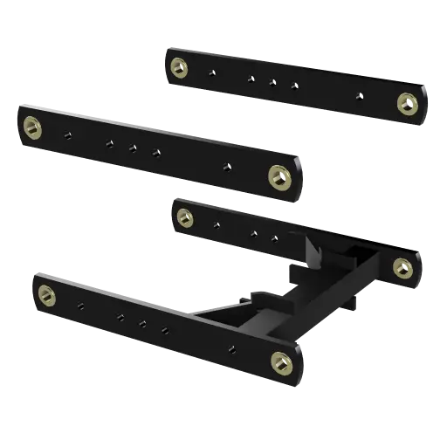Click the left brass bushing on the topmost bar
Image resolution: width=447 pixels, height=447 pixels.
(x=179, y=67)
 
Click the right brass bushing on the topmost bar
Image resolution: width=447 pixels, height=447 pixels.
(x=407, y=104)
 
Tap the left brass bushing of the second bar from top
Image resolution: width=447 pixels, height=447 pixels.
(x=33, y=127)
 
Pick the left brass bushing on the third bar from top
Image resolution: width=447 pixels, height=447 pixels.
(x=184, y=216)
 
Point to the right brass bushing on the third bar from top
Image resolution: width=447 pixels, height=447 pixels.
(x=402, y=267)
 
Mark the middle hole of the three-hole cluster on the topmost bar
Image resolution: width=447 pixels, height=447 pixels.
(x=272, y=83)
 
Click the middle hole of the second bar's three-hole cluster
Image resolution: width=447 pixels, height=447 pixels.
(x=133, y=148)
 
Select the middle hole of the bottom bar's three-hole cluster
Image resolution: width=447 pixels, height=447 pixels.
(x=142, y=323)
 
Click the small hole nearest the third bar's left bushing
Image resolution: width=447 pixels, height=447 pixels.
(x=216, y=224)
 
